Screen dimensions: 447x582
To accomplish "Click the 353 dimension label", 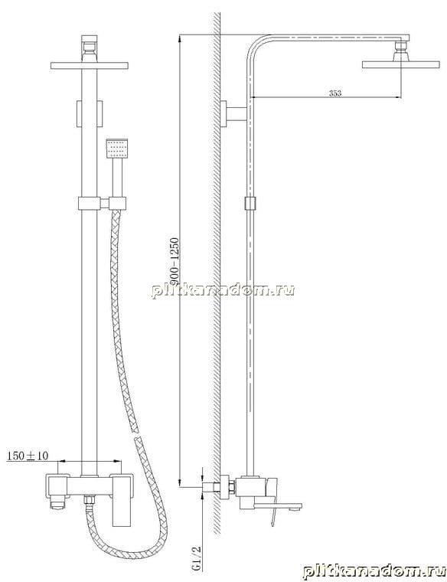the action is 335,93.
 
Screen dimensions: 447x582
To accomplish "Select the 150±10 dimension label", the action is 28,456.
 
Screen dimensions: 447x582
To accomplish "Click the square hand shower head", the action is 117,149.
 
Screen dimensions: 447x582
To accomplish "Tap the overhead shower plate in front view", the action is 90,66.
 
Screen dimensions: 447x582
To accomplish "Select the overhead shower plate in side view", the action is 400,64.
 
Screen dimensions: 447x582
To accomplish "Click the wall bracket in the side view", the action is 233,113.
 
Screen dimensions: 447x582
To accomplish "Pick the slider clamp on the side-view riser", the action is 251,204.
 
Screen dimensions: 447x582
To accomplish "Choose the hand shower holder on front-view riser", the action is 103,204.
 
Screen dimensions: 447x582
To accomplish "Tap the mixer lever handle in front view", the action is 121,500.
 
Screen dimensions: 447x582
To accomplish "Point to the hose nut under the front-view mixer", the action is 89,499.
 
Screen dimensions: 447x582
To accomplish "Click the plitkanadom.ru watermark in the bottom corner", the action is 374,571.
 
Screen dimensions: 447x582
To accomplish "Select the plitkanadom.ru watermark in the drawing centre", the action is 223,290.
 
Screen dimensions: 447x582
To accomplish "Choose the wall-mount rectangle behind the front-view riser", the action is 89,113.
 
